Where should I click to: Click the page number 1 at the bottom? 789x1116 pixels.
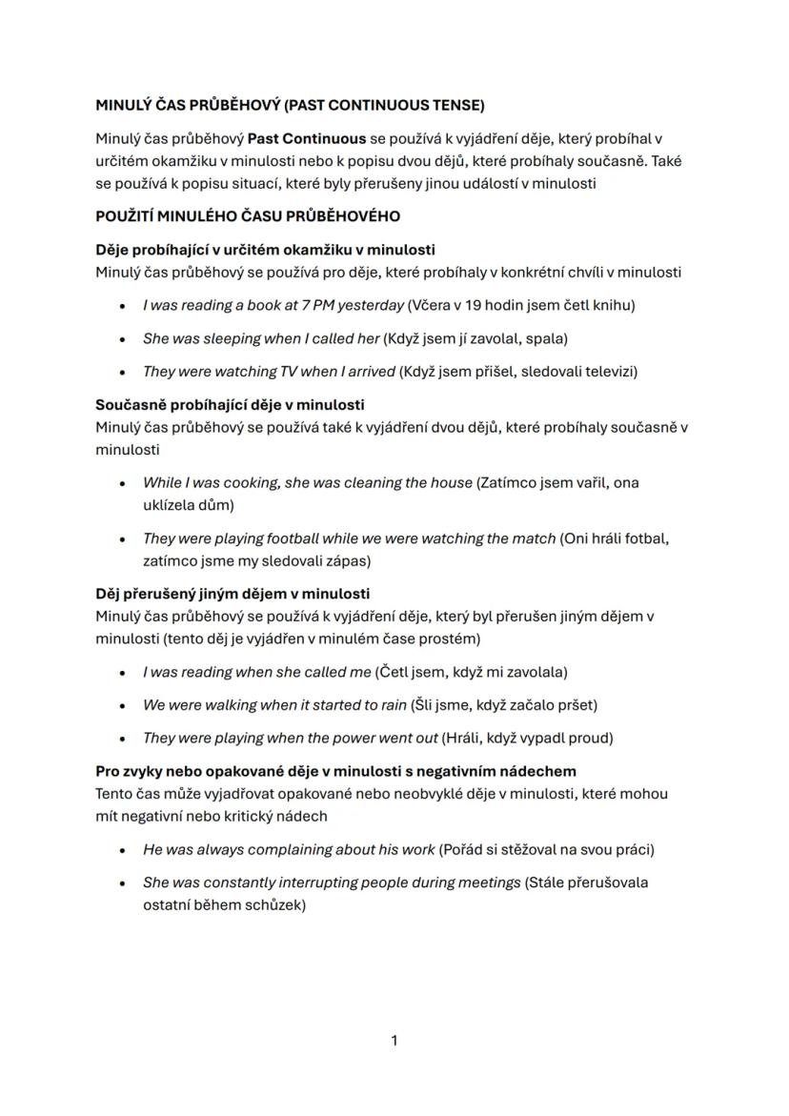(x=394, y=1041)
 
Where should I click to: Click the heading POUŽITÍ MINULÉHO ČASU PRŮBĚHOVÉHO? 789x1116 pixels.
(x=247, y=216)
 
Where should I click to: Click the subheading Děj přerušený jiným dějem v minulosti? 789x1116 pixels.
(x=233, y=594)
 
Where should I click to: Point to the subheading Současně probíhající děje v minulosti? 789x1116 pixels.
(x=230, y=405)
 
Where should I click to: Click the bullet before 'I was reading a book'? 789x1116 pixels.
(x=123, y=306)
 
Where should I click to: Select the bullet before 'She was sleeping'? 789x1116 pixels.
(x=123, y=339)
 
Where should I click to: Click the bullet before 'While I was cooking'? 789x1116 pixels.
(x=123, y=483)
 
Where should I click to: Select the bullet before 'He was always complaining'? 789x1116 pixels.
(x=123, y=850)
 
